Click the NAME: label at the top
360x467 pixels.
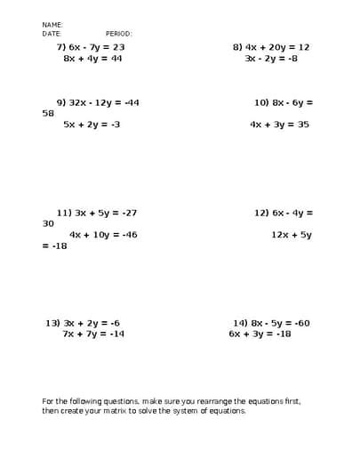(52, 25)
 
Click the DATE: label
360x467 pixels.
(52, 33)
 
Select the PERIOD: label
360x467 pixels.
(118, 33)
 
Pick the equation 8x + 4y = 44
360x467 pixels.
(93, 58)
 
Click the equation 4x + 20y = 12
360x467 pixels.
(279, 46)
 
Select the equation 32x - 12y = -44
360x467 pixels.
(105, 102)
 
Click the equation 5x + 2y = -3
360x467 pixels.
(92, 125)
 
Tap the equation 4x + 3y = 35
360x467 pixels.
(279, 125)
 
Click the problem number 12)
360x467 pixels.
(261, 213)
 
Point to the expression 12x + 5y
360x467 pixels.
(292, 235)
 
